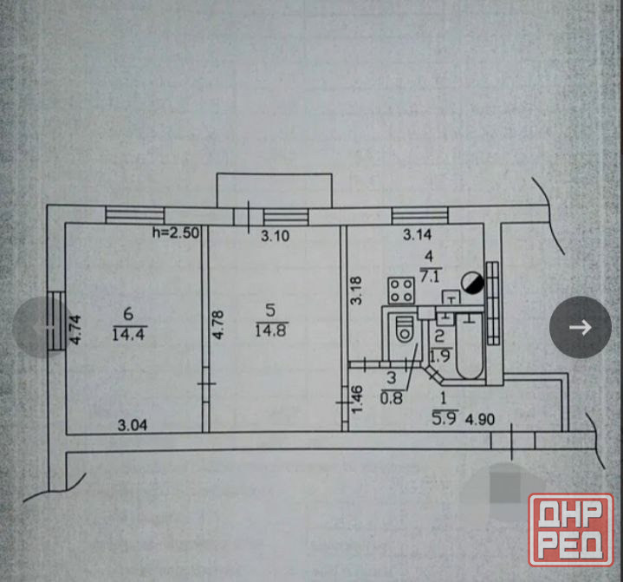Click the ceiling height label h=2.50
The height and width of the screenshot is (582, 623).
click(x=176, y=232)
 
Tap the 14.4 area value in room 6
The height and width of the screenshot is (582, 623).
click(x=129, y=334)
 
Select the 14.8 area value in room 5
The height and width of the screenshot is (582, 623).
click(x=270, y=330)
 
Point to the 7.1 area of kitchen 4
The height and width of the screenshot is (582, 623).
click(x=430, y=276)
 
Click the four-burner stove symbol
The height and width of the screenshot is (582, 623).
click(x=401, y=291)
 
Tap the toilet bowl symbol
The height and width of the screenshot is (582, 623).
click(x=405, y=329)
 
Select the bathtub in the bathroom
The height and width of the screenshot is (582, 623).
click(x=470, y=346)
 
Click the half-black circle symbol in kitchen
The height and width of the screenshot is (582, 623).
click(x=472, y=283)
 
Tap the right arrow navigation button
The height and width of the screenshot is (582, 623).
click(x=580, y=327)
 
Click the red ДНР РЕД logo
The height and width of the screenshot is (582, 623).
click(x=571, y=529)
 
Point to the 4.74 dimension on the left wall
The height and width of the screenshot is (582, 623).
click(x=75, y=330)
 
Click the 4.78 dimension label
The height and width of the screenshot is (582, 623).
click(x=217, y=325)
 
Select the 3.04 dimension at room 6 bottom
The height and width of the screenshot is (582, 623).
click(x=133, y=426)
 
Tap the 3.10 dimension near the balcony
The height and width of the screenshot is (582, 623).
click(x=275, y=236)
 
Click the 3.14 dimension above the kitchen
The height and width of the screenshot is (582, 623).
click(x=417, y=235)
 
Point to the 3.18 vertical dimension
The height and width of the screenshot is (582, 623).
click(x=357, y=291)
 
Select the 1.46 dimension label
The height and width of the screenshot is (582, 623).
click(x=357, y=399)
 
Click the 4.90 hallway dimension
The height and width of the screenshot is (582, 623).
click(x=480, y=419)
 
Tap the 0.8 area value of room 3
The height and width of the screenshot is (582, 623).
click(x=392, y=398)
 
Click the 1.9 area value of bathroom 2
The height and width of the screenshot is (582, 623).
click(x=440, y=356)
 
